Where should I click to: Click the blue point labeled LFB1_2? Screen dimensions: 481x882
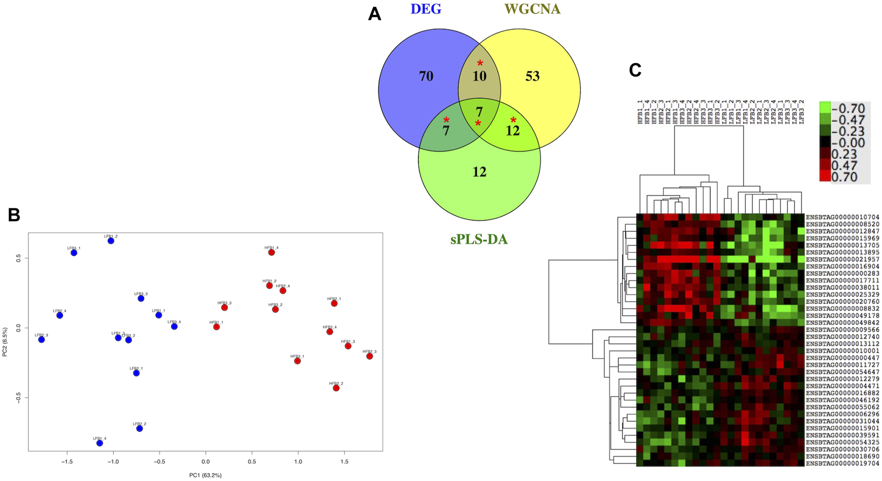[x=111, y=241]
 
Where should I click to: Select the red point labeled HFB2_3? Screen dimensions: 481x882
[x=369, y=356]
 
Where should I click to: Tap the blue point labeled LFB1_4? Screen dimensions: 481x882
[x=100, y=443]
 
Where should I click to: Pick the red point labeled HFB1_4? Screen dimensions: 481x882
[x=271, y=252]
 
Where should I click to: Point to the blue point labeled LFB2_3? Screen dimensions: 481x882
[x=41, y=339]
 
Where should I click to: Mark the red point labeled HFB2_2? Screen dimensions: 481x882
[x=336, y=388]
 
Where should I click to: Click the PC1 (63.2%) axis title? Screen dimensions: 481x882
[x=205, y=475]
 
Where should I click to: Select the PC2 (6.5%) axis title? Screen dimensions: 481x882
[x=5, y=342]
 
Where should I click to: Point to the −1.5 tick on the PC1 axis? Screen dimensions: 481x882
[x=67, y=462]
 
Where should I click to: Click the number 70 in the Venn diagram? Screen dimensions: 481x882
[x=426, y=76]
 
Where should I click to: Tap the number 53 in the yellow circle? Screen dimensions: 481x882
[x=532, y=76]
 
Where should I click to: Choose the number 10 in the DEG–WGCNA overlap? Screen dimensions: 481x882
[x=479, y=76]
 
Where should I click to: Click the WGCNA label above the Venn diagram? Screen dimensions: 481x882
[x=532, y=9]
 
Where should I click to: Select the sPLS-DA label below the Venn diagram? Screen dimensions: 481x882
[x=479, y=240]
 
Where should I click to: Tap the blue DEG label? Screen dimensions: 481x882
[x=426, y=9]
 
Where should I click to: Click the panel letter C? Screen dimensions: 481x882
[x=635, y=70]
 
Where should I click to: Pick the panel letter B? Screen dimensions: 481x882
[x=14, y=215]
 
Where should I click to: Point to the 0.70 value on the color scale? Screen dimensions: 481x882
[x=844, y=177]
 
